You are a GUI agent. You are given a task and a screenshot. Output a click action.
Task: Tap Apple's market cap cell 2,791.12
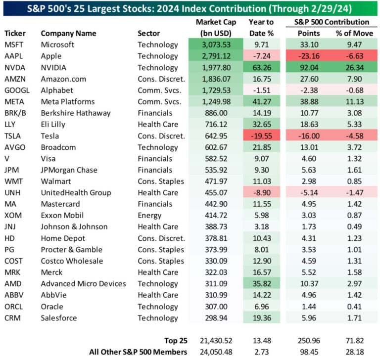pyautogui.click(x=216, y=56)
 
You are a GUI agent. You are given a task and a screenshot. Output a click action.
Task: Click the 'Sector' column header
pyautogui.click(x=148, y=33)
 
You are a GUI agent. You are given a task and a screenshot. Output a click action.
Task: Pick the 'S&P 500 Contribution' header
pyautogui.click(x=329, y=22)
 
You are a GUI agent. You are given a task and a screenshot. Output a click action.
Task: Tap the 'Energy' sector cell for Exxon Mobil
pyautogui.click(x=149, y=215)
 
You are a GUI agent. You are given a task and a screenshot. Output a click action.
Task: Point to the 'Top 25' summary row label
pyautogui.click(x=175, y=340)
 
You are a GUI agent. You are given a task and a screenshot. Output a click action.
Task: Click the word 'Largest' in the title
pyautogui.click(x=118, y=7)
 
